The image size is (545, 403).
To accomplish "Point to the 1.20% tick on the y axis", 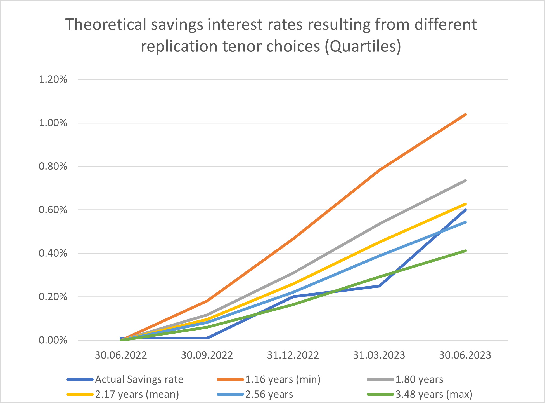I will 53,79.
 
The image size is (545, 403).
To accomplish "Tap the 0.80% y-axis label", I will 53,167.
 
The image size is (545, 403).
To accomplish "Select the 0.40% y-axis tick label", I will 53,254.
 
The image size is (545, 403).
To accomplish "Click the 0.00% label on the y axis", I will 53,341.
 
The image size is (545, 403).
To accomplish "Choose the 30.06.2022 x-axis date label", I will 121,355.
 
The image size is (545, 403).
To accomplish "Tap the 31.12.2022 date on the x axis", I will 293,355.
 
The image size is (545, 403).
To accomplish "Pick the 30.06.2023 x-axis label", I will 465,355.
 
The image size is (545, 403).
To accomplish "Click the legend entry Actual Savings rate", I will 139,379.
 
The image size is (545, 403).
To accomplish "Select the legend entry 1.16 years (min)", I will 283,379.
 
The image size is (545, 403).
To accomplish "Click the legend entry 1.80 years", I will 419,379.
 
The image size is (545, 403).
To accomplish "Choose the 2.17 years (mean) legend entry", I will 137,394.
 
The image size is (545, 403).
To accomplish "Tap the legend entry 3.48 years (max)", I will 434,394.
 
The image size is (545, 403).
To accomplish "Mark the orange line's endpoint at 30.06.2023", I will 465,114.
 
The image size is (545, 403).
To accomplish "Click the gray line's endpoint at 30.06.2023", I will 465,181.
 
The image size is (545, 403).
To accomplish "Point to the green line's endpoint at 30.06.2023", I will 465,251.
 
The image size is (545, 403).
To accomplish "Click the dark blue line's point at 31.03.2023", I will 379,286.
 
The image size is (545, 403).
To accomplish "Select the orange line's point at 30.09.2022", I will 207,301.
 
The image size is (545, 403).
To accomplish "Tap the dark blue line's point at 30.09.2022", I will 207,338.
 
